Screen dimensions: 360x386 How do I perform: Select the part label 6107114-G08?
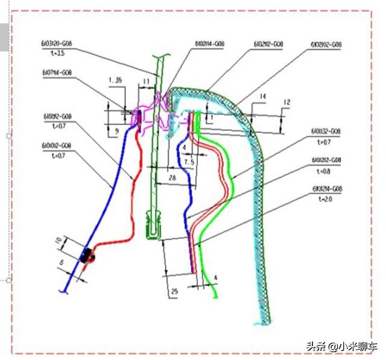point(57,72)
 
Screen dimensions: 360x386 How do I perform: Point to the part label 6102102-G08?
point(326,45)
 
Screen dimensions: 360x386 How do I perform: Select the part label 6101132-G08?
point(327,131)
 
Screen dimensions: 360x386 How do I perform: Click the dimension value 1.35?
point(115,80)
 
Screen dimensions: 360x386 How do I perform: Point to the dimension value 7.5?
point(189,162)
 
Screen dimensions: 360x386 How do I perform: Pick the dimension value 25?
point(174,292)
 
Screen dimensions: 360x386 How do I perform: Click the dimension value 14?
point(262,96)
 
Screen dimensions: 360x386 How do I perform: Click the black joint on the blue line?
point(87,256)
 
